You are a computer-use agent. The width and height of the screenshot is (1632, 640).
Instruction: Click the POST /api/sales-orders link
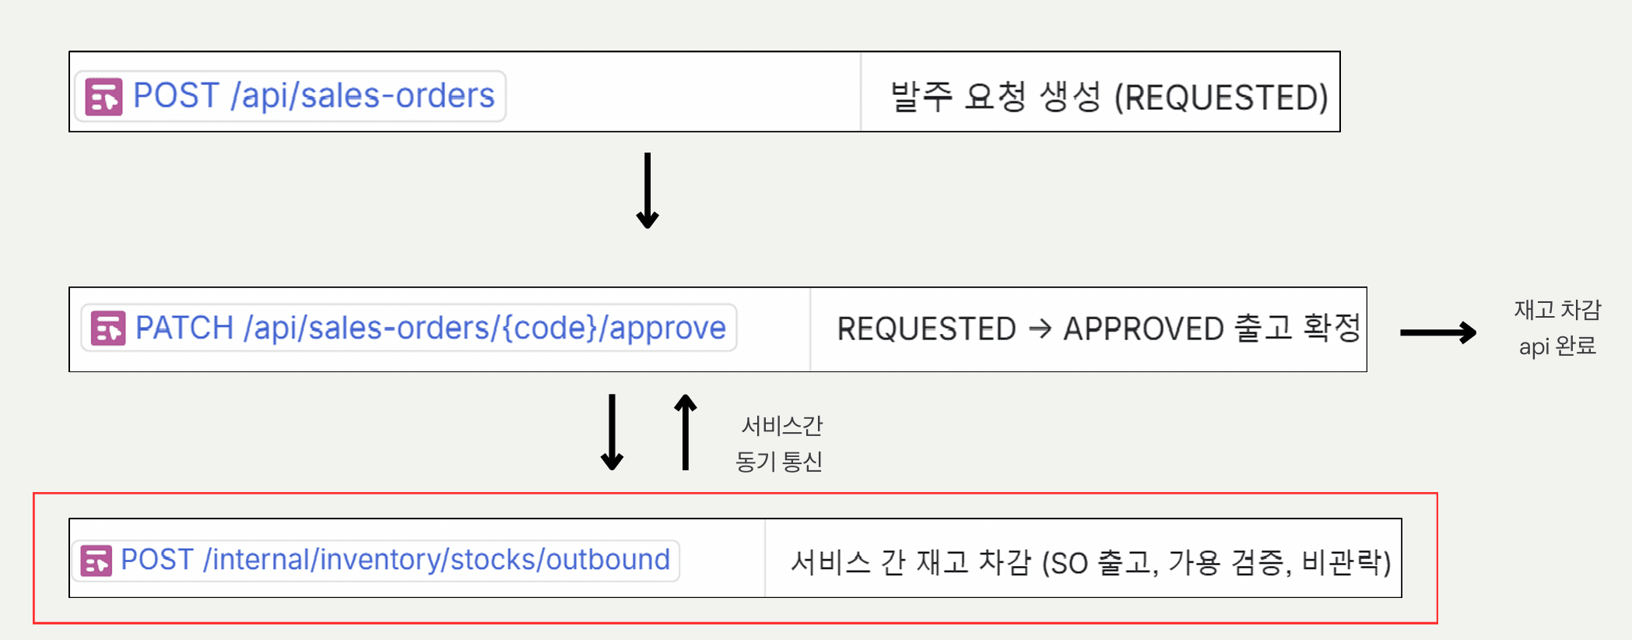(314, 96)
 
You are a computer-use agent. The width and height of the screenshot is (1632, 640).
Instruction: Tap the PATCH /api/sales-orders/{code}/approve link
(430, 328)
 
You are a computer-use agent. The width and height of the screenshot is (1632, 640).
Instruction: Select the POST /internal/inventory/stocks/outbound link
(395, 560)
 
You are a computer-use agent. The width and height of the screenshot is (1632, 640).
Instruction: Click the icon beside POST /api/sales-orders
(104, 97)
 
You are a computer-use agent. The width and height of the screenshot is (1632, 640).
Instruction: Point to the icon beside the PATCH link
(108, 328)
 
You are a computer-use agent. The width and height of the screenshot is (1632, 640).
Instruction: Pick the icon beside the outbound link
(97, 561)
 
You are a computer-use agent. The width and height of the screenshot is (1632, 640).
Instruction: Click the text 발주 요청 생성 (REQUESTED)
(1109, 97)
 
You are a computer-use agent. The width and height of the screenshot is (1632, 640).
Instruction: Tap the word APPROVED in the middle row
(1144, 329)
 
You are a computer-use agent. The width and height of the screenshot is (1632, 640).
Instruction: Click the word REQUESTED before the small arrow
(927, 329)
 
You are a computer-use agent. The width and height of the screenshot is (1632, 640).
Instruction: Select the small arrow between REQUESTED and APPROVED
(1040, 329)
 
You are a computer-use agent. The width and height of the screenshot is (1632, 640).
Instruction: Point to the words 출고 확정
(1298, 327)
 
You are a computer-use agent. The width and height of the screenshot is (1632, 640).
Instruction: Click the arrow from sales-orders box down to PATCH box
(648, 191)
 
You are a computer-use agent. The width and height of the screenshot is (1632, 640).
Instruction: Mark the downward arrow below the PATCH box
(612, 432)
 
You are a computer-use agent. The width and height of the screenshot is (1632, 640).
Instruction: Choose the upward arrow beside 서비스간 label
(686, 432)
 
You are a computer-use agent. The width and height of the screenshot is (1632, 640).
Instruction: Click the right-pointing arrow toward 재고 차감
(1438, 332)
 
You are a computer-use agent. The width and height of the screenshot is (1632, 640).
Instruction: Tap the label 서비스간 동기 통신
(780, 444)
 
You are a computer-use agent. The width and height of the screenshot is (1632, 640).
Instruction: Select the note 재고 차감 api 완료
(1557, 328)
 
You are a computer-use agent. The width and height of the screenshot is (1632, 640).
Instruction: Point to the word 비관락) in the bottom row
(1346, 561)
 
